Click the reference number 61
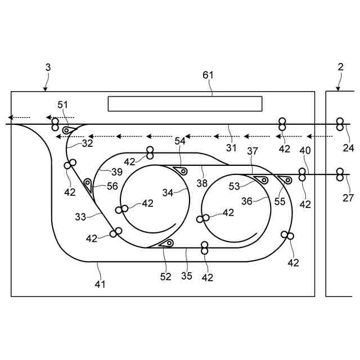point(208,75)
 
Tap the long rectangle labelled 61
point(185,103)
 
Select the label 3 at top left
point(48,67)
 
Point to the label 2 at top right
point(340,67)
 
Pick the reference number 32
point(87,143)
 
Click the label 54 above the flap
point(179,142)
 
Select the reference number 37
point(253,151)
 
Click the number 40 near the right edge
point(304,151)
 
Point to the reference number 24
point(348,148)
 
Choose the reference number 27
point(348,197)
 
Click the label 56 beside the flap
point(112,186)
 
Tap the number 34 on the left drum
point(168,192)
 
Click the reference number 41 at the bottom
point(100,284)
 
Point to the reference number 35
point(186,276)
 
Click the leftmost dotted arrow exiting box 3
point(19,118)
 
